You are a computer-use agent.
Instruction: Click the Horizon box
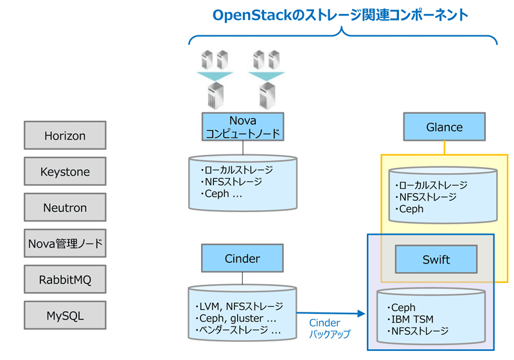(x=65, y=136)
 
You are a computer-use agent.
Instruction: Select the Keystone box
(x=65, y=172)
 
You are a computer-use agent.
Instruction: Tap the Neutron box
(x=65, y=208)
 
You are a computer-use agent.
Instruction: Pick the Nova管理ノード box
(x=65, y=243)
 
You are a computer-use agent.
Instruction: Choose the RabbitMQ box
(x=65, y=280)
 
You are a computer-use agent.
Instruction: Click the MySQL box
(x=65, y=316)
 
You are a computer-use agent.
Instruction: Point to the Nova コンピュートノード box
(x=243, y=127)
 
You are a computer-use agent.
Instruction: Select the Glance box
(x=444, y=127)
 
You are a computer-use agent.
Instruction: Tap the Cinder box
(x=242, y=258)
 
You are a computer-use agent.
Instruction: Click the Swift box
(x=436, y=259)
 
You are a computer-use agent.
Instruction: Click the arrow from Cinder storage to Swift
(x=331, y=314)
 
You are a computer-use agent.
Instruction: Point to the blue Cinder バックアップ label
(x=330, y=328)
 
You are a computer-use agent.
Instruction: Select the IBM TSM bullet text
(x=410, y=319)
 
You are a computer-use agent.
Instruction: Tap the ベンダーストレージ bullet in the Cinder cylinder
(x=238, y=330)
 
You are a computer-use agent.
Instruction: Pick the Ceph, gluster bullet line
(x=236, y=318)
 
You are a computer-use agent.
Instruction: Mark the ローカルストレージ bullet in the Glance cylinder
(x=431, y=185)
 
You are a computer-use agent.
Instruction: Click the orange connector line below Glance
(x=444, y=148)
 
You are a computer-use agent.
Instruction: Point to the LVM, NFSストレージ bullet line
(x=239, y=307)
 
